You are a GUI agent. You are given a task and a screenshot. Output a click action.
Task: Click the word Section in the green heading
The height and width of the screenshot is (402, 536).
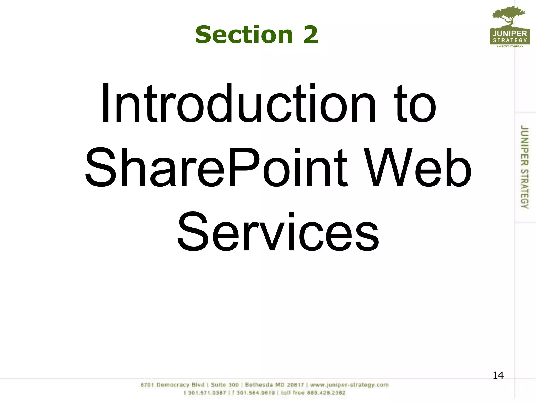click(x=244, y=35)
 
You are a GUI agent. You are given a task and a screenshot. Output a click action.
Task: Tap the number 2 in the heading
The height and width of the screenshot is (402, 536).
click(x=311, y=35)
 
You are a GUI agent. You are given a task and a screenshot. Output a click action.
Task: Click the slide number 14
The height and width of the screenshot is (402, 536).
click(x=498, y=376)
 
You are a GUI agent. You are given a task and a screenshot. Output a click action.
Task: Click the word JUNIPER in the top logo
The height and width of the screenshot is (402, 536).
click(x=510, y=34)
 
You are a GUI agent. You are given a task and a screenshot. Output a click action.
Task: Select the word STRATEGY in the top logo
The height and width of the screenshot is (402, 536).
click(x=510, y=40)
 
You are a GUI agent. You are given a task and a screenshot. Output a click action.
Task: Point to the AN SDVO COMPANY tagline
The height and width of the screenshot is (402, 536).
click(x=510, y=47)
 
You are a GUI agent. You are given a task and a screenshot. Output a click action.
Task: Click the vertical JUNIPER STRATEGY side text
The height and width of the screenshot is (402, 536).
click(x=524, y=167)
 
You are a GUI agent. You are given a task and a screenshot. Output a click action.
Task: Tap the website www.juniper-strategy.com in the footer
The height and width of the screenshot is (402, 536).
click(x=349, y=385)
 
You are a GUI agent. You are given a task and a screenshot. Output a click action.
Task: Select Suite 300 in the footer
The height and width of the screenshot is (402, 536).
click(x=225, y=385)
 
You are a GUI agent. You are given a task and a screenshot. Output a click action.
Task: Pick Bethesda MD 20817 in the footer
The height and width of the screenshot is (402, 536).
click(x=274, y=385)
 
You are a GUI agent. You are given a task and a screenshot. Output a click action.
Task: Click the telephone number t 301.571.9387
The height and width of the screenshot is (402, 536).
click(x=205, y=393)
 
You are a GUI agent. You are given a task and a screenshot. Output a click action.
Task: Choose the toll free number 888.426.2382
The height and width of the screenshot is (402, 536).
click(x=313, y=393)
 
